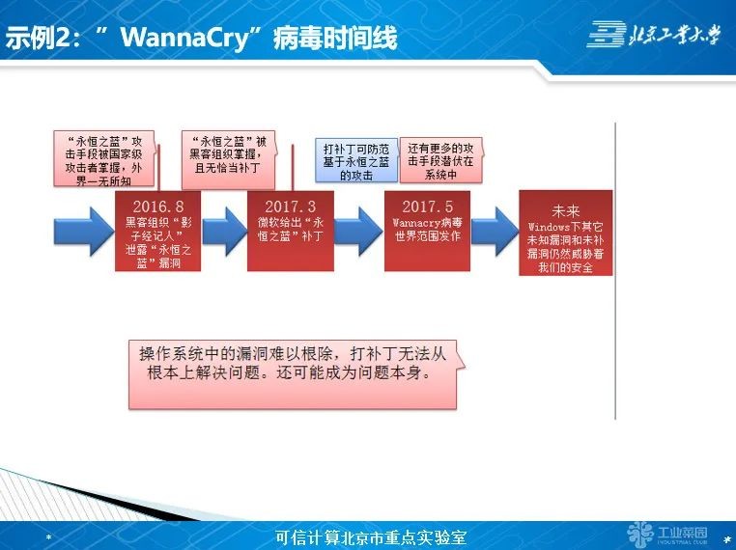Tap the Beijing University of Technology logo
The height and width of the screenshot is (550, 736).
(x=654, y=35)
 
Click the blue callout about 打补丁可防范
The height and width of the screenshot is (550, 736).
(x=356, y=161)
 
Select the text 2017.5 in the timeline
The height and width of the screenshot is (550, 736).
(x=427, y=206)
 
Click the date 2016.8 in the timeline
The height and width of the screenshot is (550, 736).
(x=159, y=206)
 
